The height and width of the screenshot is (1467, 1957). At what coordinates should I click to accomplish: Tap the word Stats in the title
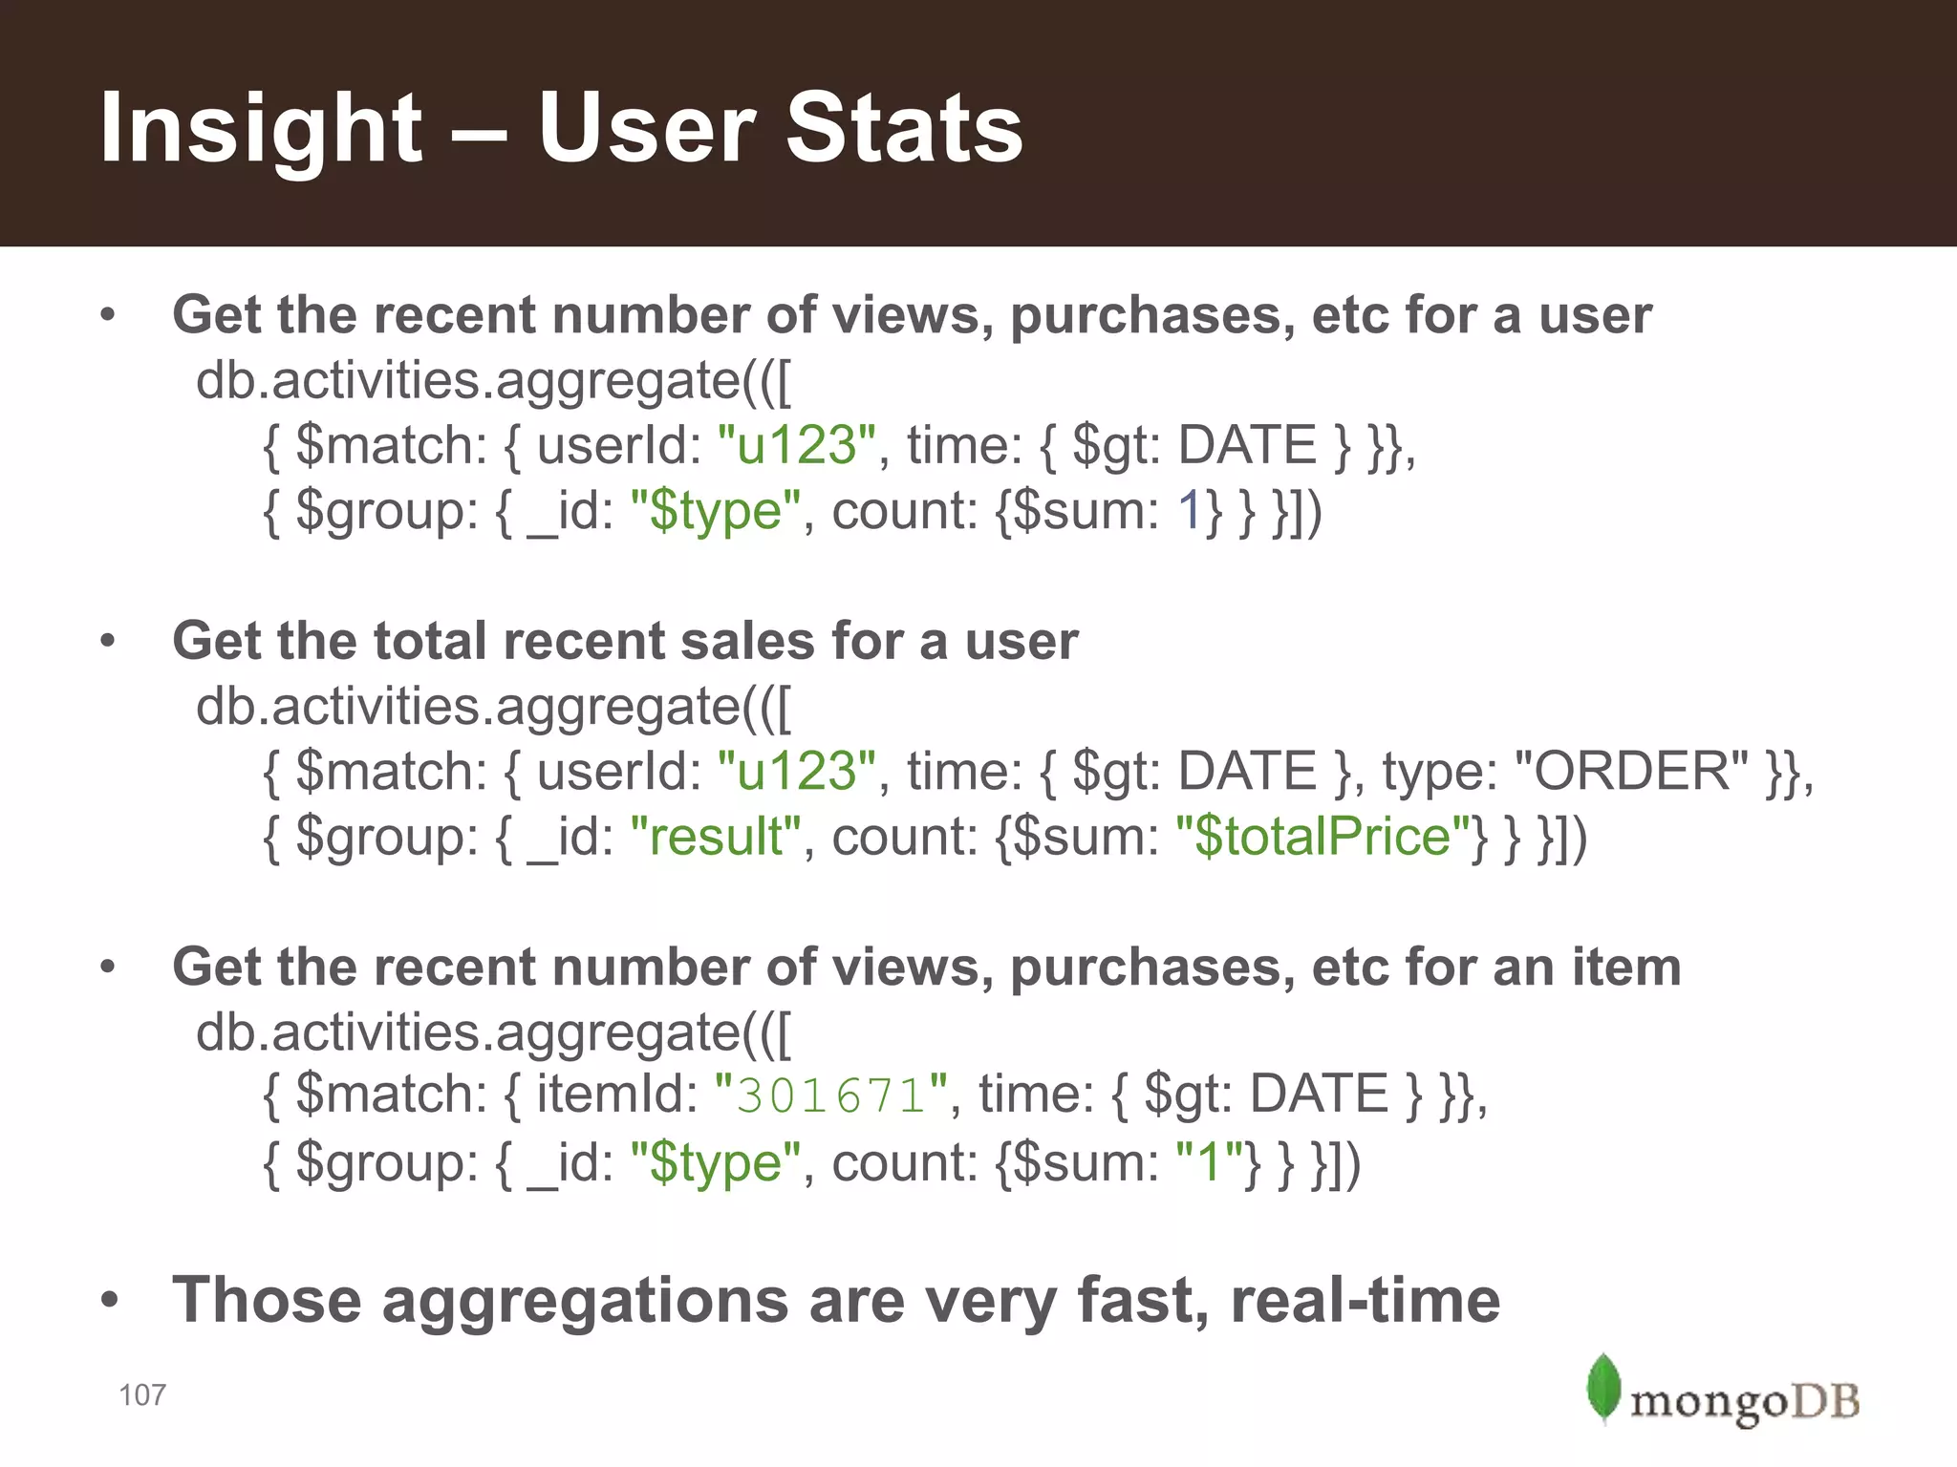[904, 129]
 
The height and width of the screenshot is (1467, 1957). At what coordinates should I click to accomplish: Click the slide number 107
[142, 1395]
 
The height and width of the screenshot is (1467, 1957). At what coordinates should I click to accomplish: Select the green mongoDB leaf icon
[1603, 1387]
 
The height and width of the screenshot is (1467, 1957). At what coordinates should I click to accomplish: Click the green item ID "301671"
[831, 1095]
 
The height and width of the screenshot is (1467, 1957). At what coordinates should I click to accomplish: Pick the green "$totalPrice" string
[1323, 837]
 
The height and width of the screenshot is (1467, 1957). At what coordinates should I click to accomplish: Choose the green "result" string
[716, 837]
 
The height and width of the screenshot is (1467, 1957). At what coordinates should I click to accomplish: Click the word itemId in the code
[617, 1095]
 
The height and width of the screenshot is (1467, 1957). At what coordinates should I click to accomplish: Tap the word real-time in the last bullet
[1366, 1301]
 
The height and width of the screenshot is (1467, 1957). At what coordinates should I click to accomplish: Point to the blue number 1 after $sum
[1189, 511]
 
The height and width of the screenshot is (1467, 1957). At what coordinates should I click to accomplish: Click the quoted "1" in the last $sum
[1209, 1162]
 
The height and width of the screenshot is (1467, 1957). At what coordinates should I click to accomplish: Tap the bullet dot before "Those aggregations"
[109, 1301]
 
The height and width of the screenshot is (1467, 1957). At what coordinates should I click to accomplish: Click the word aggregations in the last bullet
[585, 1301]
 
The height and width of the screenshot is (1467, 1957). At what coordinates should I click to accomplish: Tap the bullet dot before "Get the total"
[108, 642]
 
